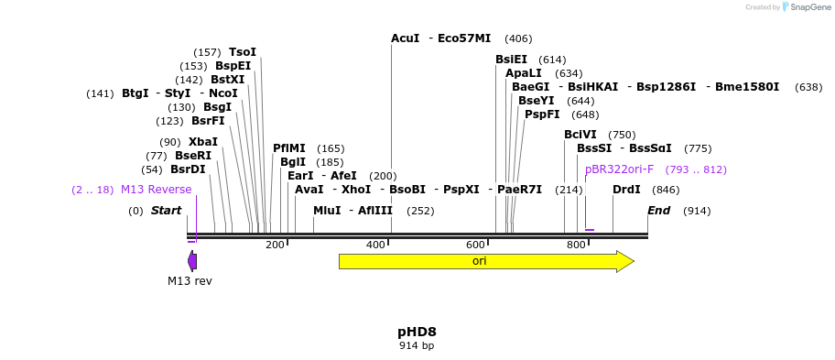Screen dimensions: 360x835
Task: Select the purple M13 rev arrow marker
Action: (x=192, y=261)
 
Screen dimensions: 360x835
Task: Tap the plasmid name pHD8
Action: (x=417, y=332)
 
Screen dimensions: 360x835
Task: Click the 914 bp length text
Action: (x=417, y=346)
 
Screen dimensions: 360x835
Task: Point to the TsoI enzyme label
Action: (x=243, y=52)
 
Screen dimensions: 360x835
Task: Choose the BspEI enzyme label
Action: (x=233, y=66)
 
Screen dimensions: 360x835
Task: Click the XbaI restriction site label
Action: (x=203, y=142)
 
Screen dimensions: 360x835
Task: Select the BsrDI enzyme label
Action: (x=188, y=169)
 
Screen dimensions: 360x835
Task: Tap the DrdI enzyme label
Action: (x=626, y=190)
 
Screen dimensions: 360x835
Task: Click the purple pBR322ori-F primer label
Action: (x=620, y=169)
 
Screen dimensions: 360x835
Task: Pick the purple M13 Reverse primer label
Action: (x=157, y=190)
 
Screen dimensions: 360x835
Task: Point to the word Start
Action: (x=166, y=211)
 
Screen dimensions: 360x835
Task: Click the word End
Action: (x=658, y=211)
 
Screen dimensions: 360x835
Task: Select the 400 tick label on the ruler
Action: (x=375, y=245)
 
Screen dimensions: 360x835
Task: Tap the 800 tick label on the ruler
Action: (x=576, y=245)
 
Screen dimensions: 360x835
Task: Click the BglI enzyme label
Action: (x=293, y=162)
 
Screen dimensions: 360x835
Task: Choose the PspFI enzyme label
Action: (x=542, y=115)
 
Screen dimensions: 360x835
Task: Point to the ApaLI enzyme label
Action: (x=524, y=73)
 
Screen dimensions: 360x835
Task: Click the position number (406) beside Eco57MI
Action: (x=518, y=38)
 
